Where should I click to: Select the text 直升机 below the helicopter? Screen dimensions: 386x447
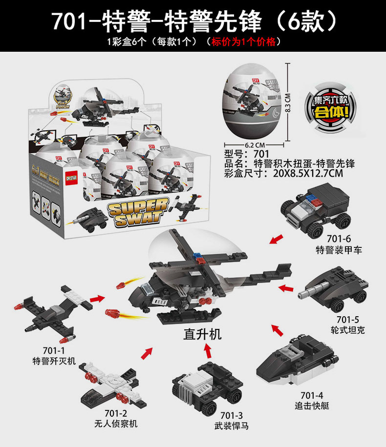point(202,334)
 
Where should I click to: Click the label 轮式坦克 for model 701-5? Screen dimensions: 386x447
point(347,330)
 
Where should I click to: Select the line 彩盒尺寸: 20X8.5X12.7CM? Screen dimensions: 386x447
point(282,173)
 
